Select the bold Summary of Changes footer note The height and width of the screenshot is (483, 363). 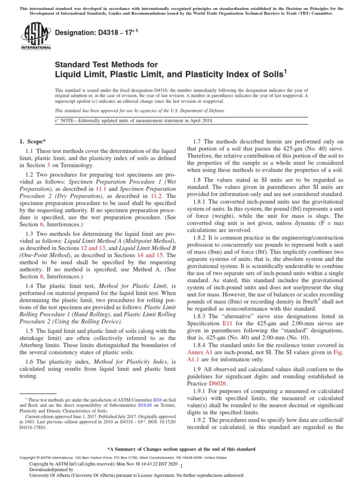(181, 449)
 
